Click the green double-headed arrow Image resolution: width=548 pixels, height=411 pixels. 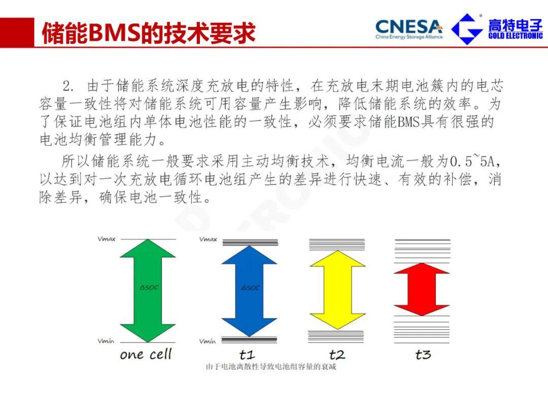(148, 291)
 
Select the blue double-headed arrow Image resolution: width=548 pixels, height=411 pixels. (250, 291)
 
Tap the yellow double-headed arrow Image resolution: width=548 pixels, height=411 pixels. (337, 290)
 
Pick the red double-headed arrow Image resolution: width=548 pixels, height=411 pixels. (422, 289)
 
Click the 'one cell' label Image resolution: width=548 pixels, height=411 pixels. (146, 354)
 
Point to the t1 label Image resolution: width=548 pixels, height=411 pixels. (247, 355)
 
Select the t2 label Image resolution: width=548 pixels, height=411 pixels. (337, 355)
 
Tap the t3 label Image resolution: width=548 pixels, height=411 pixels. (423, 355)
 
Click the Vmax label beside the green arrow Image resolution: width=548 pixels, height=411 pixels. (107, 239)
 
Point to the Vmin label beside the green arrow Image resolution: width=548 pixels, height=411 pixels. (106, 341)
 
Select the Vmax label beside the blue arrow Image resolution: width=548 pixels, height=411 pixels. (209, 239)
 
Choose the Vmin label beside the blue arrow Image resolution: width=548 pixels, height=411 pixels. (208, 341)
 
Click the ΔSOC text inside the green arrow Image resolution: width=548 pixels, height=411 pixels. (149, 288)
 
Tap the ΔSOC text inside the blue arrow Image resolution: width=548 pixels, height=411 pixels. (251, 288)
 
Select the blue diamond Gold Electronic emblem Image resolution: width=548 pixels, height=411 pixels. (467, 29)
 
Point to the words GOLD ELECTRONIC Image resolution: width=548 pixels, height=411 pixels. (516, 36)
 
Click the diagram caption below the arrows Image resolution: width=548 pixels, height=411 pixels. (271, 367)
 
